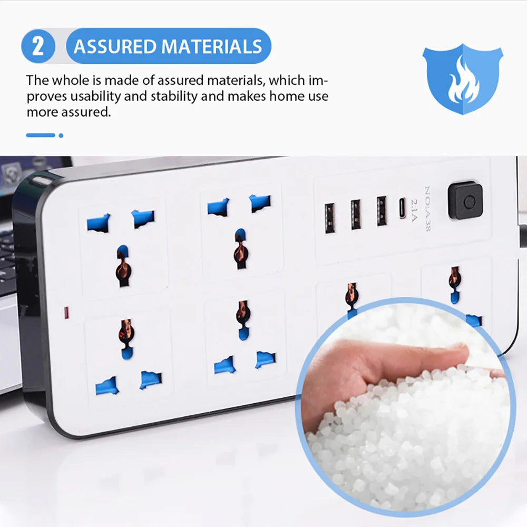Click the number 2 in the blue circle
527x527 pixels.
38,46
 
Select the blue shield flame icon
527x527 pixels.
462,79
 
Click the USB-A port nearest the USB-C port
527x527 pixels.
382,211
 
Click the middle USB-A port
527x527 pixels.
356,214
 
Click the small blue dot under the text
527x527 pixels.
61,135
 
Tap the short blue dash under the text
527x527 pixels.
41,135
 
